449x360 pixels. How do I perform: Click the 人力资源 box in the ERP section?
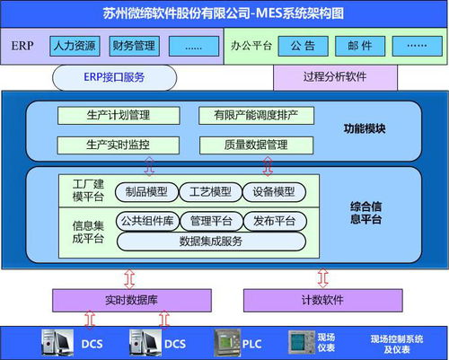(x=75, y=44)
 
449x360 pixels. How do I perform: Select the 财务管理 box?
(x=134, y=44)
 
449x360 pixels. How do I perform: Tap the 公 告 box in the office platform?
(x=303, y=44)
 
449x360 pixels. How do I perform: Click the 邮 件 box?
(x=359, y=44)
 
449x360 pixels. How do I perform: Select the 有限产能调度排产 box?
(x=257, y=115)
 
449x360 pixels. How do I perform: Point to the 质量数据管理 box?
(x=257, y=144)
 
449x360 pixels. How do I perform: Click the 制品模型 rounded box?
(x=146, y=192)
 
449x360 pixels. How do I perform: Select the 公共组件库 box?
(x=146, y=220)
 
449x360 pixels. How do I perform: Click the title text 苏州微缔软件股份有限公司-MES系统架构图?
(x=224, y=12)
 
